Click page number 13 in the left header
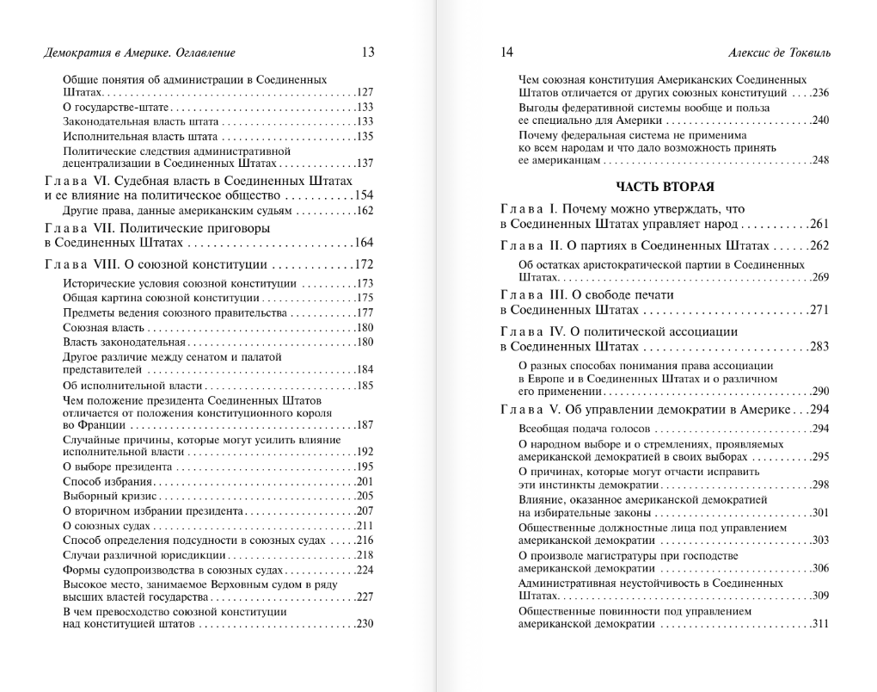tap(368, 53)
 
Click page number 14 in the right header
tap(506, 53)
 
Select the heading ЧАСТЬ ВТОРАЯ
tap(665, 186)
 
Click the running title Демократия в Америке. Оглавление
tap(138, 53)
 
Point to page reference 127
tap(365, 92)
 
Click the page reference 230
tap(365, 625)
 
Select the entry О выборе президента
tap(118, 466)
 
